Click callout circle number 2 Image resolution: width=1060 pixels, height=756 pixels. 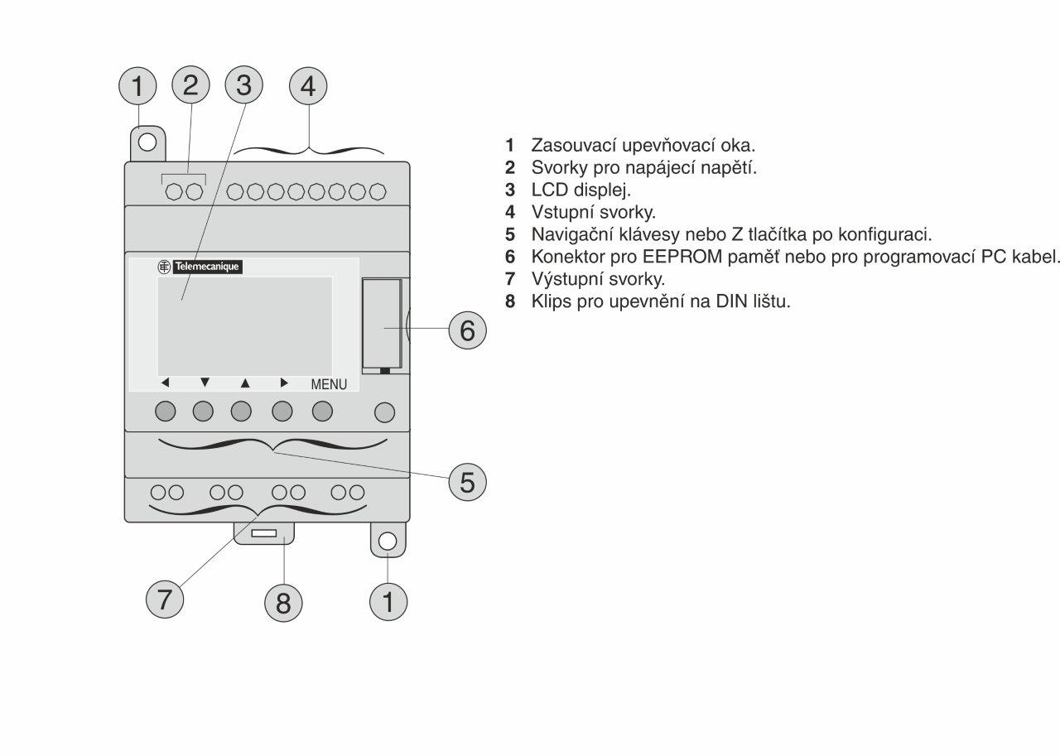(190, 85)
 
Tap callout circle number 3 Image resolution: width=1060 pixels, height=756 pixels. (243, 85)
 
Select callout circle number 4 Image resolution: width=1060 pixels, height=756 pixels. (308, 85)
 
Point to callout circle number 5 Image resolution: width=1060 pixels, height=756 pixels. (468, 481)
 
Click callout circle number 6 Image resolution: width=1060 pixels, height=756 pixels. (468, 330)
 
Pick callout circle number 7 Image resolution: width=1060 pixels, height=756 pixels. (165, 598)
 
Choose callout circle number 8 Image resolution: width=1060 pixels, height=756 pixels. (284, 603)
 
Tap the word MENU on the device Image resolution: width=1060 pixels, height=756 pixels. (329, 385)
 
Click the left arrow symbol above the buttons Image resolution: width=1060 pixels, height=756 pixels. (165, 383)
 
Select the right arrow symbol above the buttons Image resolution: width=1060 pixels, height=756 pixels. (284, 383)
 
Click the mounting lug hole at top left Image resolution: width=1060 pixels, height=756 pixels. (147, 142)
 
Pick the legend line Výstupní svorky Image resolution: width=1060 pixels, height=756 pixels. (598, 278)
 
